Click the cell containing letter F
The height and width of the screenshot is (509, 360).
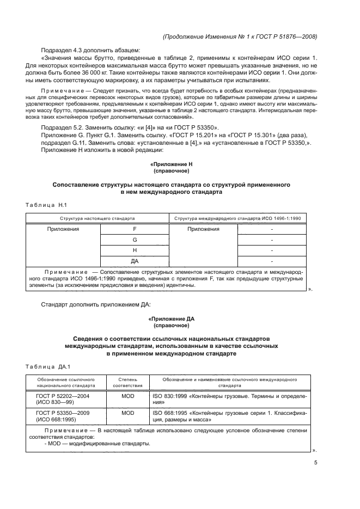[135, 229]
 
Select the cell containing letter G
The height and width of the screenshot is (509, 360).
[135, 240]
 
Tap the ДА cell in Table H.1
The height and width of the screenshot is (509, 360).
[135, 261]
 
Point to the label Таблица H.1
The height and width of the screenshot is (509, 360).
[46, 205]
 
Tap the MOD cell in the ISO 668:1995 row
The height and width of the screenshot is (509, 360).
[127, 413]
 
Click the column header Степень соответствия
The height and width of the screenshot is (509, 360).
[127, 382]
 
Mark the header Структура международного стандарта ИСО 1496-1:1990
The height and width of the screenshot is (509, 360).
[237, 218]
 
